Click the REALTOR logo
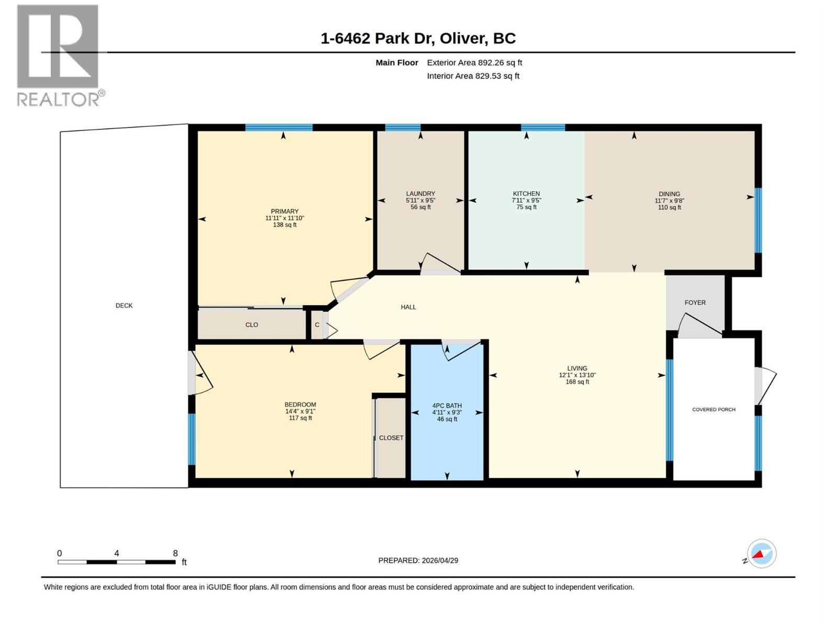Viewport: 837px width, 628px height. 60,55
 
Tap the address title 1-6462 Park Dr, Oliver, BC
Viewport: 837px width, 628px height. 418,39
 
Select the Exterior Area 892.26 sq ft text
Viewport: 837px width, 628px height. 474,62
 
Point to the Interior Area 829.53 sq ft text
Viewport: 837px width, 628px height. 473,76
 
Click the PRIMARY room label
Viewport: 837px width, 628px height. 285,211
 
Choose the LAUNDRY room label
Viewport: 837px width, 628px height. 420,194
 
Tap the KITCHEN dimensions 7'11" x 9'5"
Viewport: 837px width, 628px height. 526,200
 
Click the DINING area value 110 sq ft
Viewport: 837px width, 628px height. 669,207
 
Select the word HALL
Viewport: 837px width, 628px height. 408,307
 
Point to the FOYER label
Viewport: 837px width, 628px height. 695,302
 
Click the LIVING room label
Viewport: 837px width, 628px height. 577,368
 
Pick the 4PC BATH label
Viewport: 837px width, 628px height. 447,406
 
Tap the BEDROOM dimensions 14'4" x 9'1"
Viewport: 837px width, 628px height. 300,411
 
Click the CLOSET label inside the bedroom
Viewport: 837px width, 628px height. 391,438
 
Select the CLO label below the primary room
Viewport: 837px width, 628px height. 251,325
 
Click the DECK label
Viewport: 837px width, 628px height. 124,306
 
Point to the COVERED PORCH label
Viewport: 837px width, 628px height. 714,410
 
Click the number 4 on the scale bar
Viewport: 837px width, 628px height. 117,553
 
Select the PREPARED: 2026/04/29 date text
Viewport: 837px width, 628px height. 418,560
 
